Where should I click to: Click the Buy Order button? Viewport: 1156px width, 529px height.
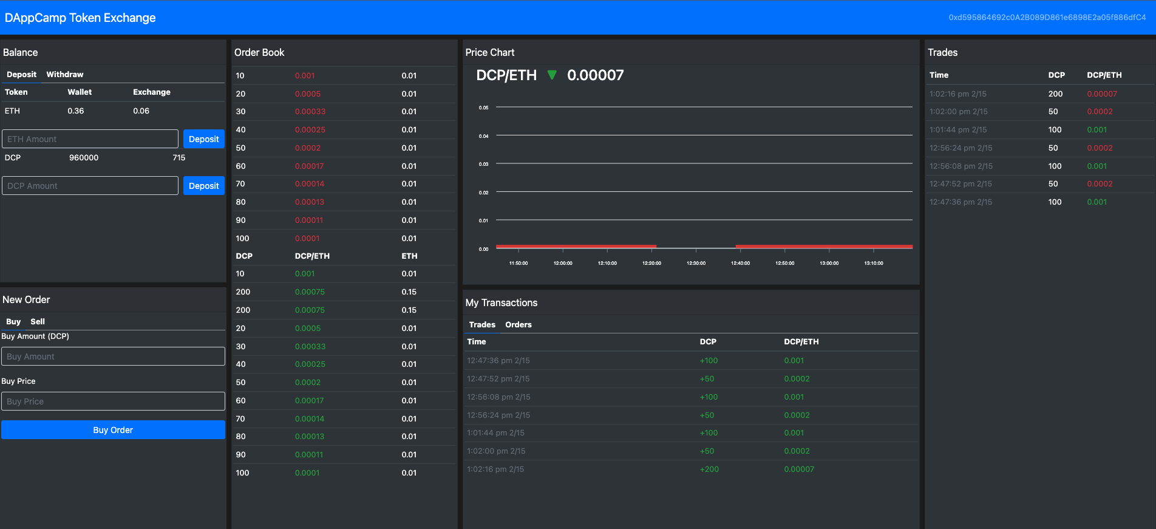pos(113,430)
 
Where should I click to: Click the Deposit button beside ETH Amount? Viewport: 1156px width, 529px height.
pos(203,139)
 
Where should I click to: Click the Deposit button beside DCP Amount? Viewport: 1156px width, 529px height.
pos(203,186)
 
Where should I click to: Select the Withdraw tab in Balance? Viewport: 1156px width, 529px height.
pos(65,75)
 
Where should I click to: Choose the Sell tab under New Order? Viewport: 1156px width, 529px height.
pos(38,322)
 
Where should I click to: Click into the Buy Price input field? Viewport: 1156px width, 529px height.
pos(113,401)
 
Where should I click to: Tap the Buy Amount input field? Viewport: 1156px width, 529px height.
pos(113,357)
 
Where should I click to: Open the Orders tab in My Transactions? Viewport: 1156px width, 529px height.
pos(518,325)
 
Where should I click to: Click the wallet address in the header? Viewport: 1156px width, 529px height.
pos(1047,18)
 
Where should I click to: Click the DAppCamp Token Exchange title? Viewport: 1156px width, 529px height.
pos(80,18)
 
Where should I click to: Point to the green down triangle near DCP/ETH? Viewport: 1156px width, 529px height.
pos(552,75)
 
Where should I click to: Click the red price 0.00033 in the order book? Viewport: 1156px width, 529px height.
pos(310,112)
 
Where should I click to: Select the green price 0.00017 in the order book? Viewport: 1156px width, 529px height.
pos(309,401)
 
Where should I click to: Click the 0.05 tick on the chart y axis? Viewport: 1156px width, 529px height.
pos(483,108)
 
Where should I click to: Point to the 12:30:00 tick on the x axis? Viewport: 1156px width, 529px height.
pos(696,263)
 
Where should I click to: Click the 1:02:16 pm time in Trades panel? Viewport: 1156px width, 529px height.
pos(957,94)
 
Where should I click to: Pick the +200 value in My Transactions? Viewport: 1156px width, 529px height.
pos(709,469)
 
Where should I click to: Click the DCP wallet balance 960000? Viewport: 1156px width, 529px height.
pos(84,158)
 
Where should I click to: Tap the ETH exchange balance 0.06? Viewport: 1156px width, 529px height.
pos(141,111)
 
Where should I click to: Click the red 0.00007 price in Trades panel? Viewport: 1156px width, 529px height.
pos(1101,94)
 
